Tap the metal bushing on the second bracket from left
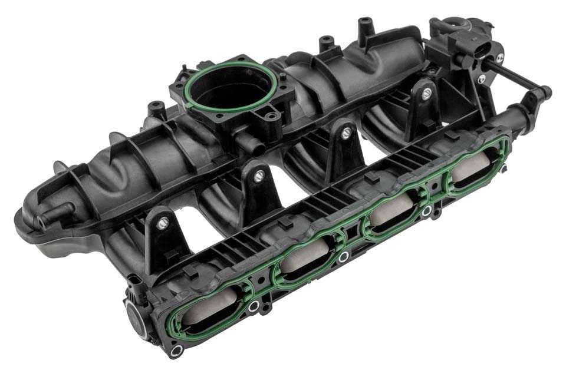(x=258, y=175)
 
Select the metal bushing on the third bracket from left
(x=346, y=133)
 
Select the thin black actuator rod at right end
(x=519, y=82)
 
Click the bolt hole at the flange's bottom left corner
(x=175, y=352)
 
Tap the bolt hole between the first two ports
(x=254, y=306)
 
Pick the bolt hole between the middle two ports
(x=343, y=257)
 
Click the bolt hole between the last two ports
(x=426, y=211)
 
